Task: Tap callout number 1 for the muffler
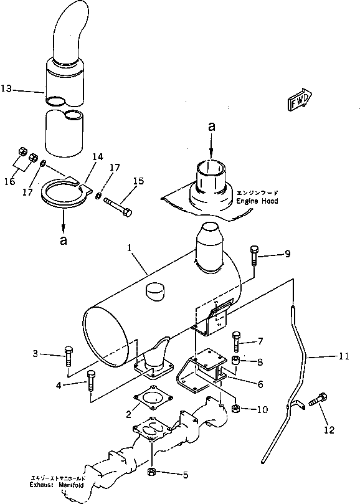pos(128,247)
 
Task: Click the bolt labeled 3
pos(67,358)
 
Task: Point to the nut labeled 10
pos(236,408)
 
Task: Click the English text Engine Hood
pos(257,202)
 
